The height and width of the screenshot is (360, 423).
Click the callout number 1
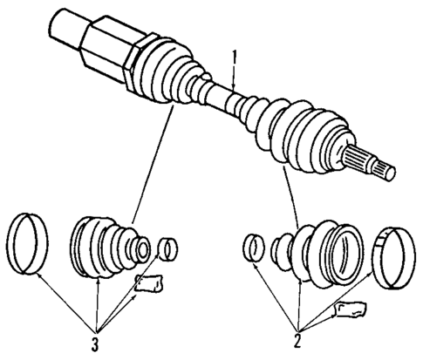(234, 58)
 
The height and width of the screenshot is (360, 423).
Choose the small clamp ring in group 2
(254, 247)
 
